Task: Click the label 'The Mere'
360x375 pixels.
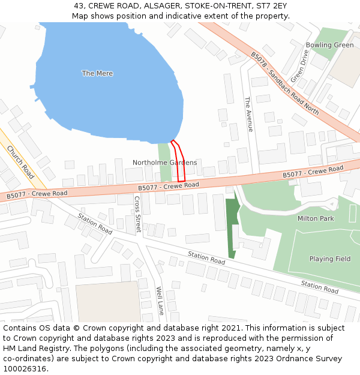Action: click(97, 73)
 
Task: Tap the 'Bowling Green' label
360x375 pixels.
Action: click(329, 45)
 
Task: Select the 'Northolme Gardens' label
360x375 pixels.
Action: click(164, 163)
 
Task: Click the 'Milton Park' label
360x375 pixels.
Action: click(316, 218)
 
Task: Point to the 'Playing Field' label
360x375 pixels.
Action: click(329, 259)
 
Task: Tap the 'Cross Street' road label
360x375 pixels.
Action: click(137, 215)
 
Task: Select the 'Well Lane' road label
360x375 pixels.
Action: click(160, 301)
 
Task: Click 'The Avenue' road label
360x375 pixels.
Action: click(248, 114)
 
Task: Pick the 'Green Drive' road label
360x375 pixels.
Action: click(298, 67)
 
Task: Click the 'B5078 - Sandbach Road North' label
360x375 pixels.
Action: click(284, 83)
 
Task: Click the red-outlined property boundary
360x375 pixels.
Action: click(178, 161)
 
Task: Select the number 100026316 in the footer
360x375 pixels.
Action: click(25, 368)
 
